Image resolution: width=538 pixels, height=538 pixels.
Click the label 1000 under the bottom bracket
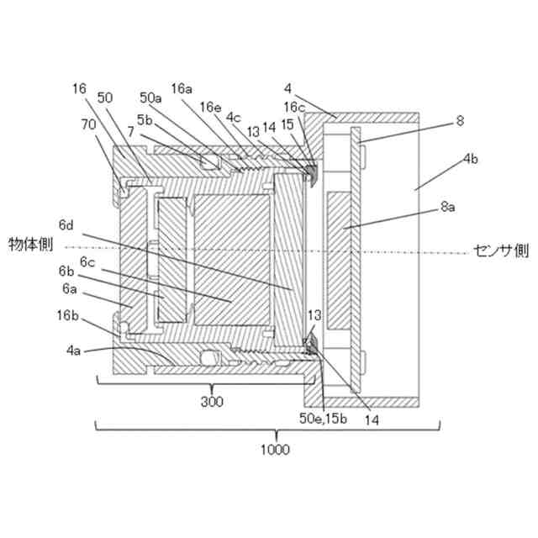pos(275,451)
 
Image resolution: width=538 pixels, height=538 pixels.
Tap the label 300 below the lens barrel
pos(212,403)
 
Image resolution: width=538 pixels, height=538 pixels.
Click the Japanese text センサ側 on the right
pos(501,250)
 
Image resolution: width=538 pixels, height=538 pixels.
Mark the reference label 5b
pos(143,119)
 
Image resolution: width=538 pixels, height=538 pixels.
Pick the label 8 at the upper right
pos(460,120)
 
